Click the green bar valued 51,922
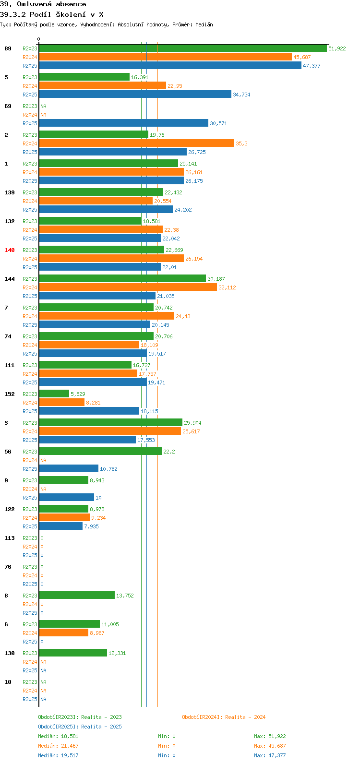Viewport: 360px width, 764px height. (183, 48)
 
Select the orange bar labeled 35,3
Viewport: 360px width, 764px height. (137, 143)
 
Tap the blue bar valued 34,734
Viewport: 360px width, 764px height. (135, 94)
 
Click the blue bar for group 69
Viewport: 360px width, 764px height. (123, 123)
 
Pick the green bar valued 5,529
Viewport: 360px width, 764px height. (54, 394)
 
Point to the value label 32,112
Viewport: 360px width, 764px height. (227, 287)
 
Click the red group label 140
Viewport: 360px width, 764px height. (10, 250)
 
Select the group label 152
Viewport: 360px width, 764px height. (10, 394)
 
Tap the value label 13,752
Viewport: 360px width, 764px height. (125, 596)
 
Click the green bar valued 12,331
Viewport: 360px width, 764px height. (73, 653)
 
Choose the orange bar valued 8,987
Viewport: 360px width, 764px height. (64, 633)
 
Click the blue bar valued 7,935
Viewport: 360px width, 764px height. (61, 526)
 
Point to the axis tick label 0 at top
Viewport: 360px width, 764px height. (38, 39)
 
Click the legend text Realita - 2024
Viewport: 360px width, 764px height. (245, 717)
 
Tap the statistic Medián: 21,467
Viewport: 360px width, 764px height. (58, 746)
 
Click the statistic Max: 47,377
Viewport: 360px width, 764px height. (270, 755)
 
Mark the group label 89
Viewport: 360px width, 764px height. (8, 48)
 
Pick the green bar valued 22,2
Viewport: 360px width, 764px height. (100, 451)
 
